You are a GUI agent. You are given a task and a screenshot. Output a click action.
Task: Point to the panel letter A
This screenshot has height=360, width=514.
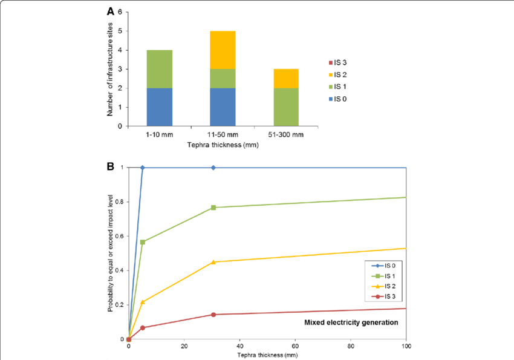coord(111,11)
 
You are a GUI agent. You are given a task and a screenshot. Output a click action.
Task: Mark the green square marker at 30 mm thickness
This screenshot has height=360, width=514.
coord(213,208)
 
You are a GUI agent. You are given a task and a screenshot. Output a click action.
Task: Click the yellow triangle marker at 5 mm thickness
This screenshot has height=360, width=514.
coord(143,301)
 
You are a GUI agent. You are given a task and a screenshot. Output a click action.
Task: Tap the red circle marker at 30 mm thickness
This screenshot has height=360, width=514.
coord(213,315)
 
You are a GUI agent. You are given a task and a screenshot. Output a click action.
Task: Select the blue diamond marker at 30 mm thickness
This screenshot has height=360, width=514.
coord(213,168)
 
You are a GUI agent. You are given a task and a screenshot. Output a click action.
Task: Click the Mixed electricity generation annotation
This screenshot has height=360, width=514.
coord(351,322)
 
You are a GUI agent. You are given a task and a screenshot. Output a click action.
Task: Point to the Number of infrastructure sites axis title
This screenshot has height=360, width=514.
coord(111,69)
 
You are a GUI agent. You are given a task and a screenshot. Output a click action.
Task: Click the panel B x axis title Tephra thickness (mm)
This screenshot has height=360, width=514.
coord(267,355)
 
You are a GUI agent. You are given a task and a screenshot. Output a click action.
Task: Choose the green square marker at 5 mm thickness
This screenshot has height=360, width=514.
coord(143,242)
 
